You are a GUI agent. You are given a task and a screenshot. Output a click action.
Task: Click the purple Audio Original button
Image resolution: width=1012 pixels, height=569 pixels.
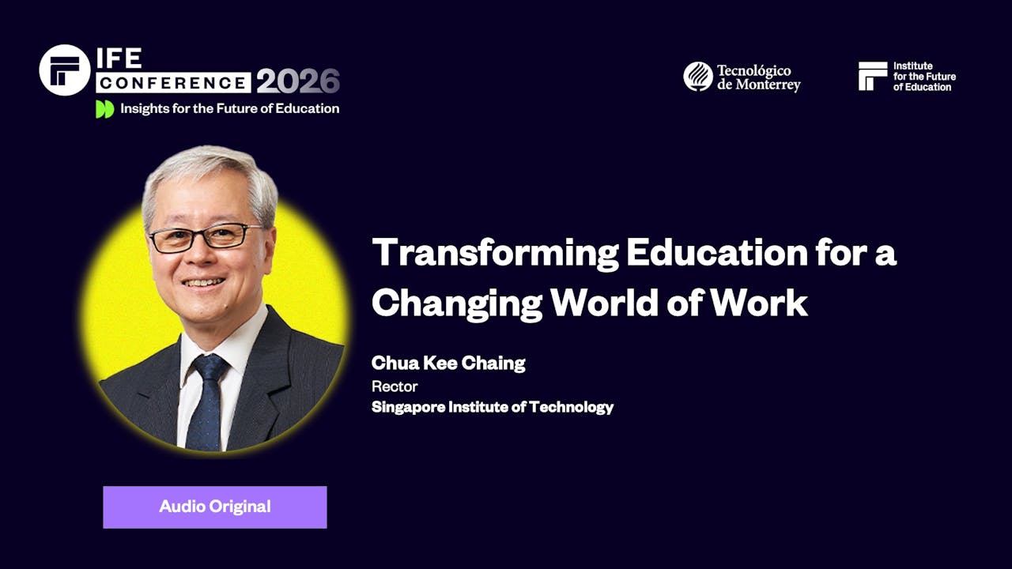214,507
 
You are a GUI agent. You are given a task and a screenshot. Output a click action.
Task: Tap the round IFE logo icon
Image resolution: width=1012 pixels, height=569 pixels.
65,70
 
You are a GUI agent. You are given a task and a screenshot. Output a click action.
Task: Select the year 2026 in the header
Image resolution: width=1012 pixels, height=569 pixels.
297,81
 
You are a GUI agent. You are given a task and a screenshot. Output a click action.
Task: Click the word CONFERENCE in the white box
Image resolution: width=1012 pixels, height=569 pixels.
174,82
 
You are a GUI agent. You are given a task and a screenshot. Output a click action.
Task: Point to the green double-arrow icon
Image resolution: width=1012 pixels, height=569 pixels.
104,109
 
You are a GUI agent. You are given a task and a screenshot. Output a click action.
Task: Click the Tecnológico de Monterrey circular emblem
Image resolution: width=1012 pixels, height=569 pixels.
698,77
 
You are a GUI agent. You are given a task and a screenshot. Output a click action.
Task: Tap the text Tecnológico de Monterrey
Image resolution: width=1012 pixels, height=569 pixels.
758,77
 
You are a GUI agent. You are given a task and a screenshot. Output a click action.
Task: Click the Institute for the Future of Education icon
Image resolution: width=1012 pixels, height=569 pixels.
873,76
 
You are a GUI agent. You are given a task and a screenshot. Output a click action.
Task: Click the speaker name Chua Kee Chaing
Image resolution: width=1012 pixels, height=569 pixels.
448,364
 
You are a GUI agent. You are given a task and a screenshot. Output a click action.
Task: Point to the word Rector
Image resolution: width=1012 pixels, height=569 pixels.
395,386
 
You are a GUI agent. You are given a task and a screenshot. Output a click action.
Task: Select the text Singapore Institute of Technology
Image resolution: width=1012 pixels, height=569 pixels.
493,408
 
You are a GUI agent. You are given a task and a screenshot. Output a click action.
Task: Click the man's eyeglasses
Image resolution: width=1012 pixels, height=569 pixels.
205,237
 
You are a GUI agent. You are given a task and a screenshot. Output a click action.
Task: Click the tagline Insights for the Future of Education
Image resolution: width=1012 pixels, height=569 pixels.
229,109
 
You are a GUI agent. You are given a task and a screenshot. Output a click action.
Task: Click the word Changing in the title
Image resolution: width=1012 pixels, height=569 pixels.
457,303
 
